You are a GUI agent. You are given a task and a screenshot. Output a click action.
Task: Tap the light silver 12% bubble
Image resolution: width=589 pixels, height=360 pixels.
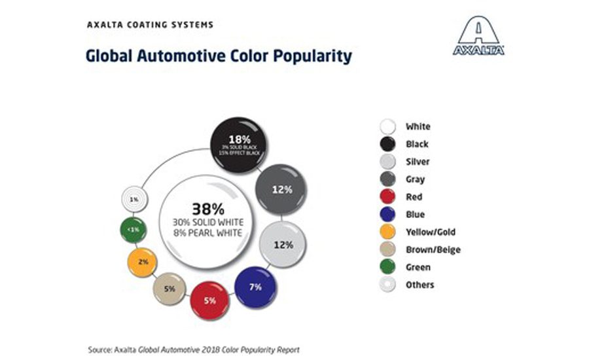[283, 245]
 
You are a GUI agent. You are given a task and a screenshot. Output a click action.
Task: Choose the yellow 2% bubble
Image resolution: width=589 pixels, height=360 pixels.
[142, 262]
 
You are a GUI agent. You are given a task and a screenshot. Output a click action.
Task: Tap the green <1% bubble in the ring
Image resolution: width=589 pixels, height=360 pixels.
[134, 230]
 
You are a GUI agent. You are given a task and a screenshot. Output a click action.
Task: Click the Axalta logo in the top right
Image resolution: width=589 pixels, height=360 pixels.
[479, 37]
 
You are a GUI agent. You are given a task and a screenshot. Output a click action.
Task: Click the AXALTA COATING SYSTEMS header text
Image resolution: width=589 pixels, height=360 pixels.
[150, 25]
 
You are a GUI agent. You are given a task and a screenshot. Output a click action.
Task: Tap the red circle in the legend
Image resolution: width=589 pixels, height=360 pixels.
[389, 197]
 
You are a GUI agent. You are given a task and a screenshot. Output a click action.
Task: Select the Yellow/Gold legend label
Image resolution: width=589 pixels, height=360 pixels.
[430, 232]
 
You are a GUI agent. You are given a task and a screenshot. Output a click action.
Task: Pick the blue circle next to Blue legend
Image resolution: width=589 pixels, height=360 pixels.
[389, 215]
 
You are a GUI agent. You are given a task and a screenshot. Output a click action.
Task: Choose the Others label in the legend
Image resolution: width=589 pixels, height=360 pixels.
[419, 285]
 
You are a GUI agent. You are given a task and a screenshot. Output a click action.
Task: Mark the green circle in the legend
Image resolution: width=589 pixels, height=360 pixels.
[389, 267]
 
